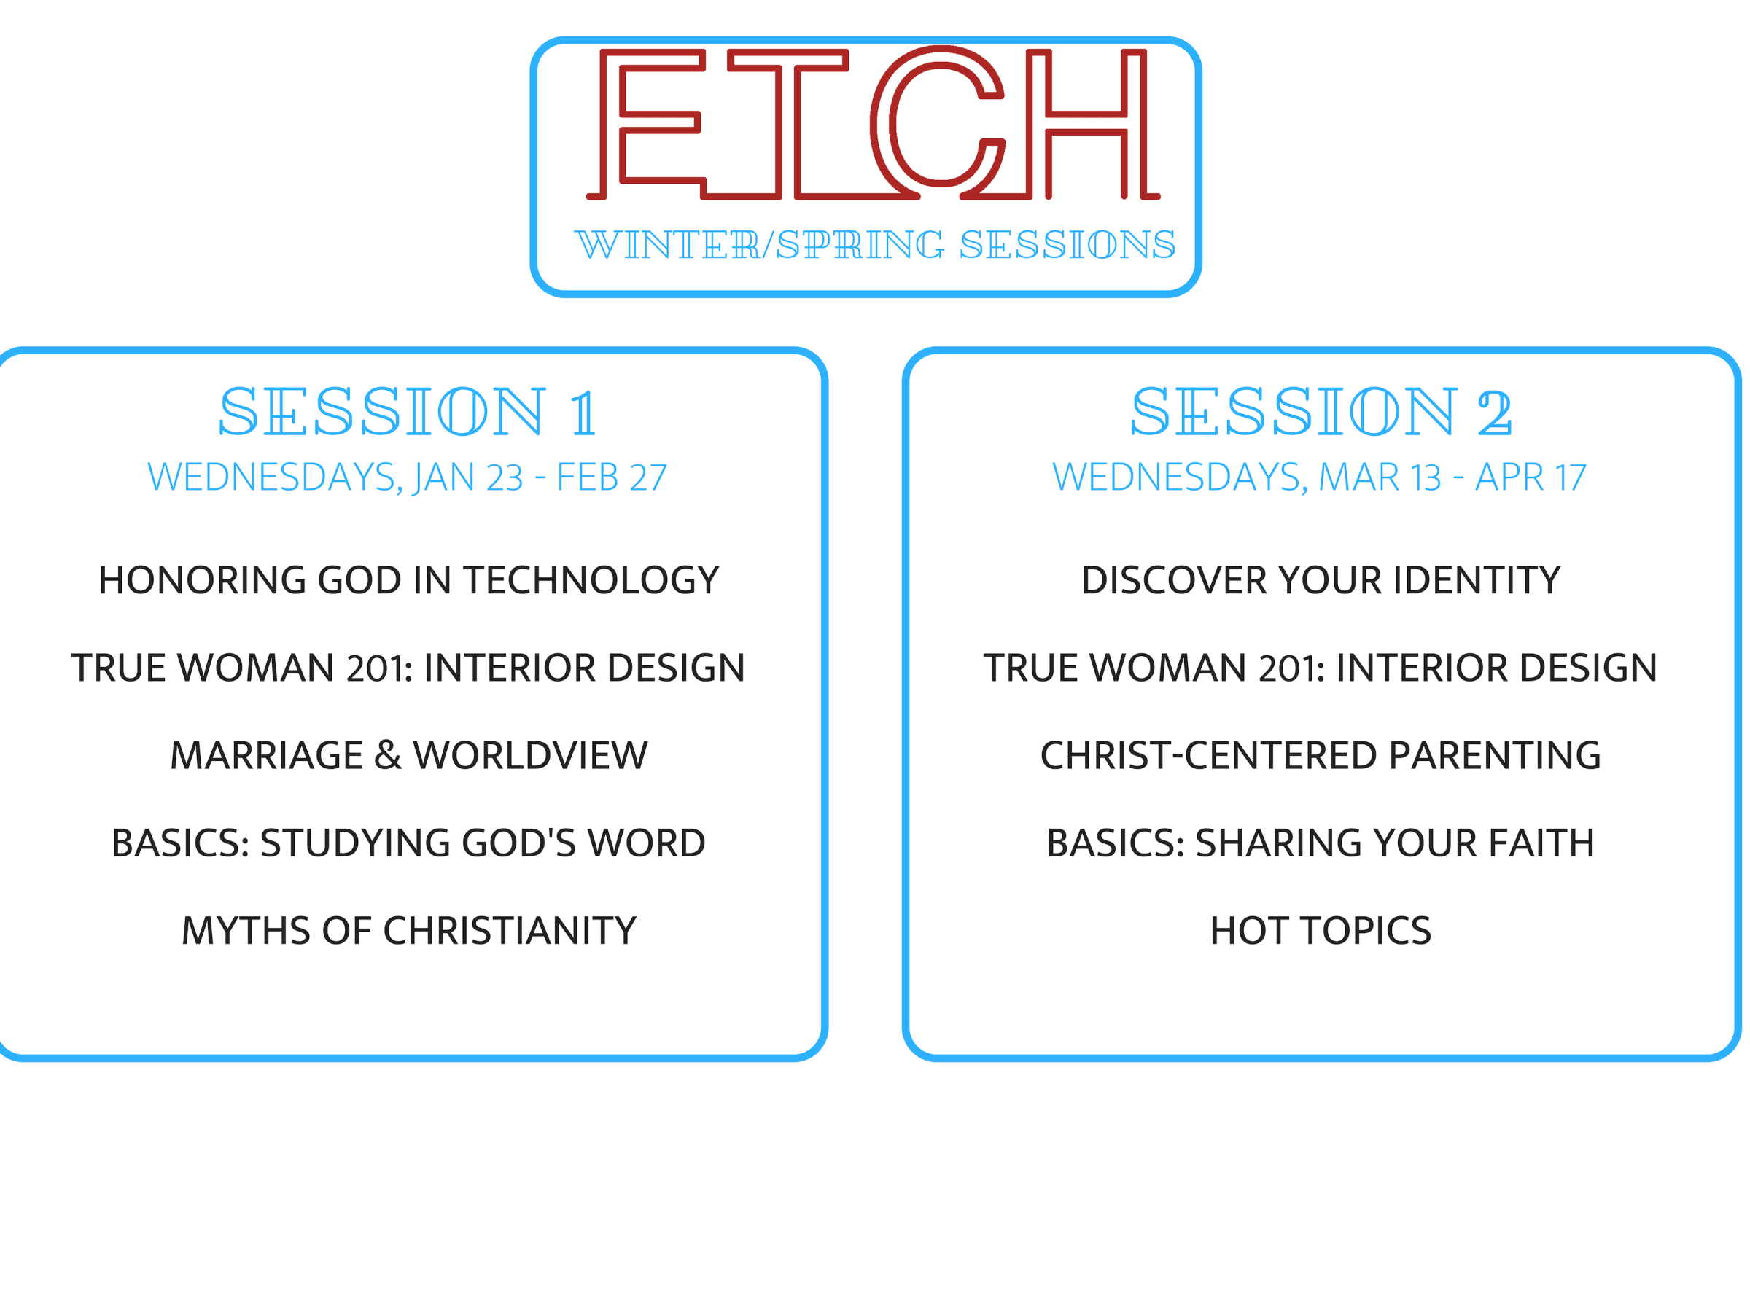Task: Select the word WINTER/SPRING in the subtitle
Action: (760, 244)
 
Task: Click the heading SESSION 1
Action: (408, 412)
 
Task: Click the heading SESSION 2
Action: (1321, 412)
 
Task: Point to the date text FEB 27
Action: (612, 477)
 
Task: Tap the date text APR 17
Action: (1531, 477)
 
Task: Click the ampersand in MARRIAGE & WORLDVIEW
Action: (388, 755)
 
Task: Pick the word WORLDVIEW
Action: (530, 755)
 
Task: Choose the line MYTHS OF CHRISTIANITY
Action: (409, 931)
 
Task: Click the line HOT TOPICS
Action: (1321, 931)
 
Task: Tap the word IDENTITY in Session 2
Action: (1477, 580)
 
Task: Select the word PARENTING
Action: (1496, 755)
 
